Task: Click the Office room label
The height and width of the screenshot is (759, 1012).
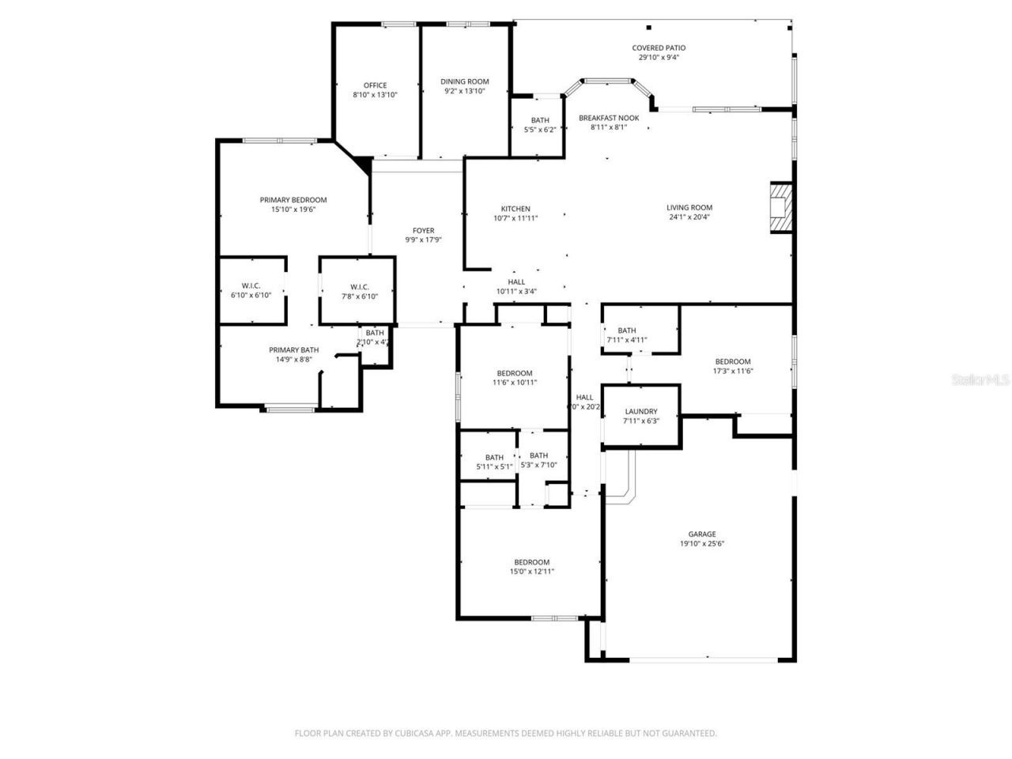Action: pyautogui.click(x=375, y=85)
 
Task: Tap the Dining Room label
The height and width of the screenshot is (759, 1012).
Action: pyautogui.click(x=464, y=81)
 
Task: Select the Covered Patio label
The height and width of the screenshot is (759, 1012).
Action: pyautogui.click(x=659, y=48)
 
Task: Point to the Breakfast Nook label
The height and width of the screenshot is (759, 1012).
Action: pyautogui.click(x=608, y=118)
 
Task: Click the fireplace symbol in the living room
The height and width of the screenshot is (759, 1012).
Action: pyautogui.click(x=780, y=208)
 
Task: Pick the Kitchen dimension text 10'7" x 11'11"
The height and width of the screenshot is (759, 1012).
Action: pyautogui.click(x=515, y=218)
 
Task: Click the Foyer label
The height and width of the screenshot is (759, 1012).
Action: pyautogui.click(x=423, y=231)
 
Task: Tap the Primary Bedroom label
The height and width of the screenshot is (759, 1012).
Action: pyautogui.click(x=293, y=200)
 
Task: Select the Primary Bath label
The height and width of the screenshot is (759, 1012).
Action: pyautogui.click(x=293, y=350)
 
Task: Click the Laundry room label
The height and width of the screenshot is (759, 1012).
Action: pyautogui.click(x=640, y=411)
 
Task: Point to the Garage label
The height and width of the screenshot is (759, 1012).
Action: pyautogui.click(x=701, y=534)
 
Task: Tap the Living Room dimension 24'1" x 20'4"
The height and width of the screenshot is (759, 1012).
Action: pyautogui.click(x=689, y=217)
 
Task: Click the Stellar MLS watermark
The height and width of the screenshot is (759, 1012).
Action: pyautogui.click(x=980, y=380)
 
